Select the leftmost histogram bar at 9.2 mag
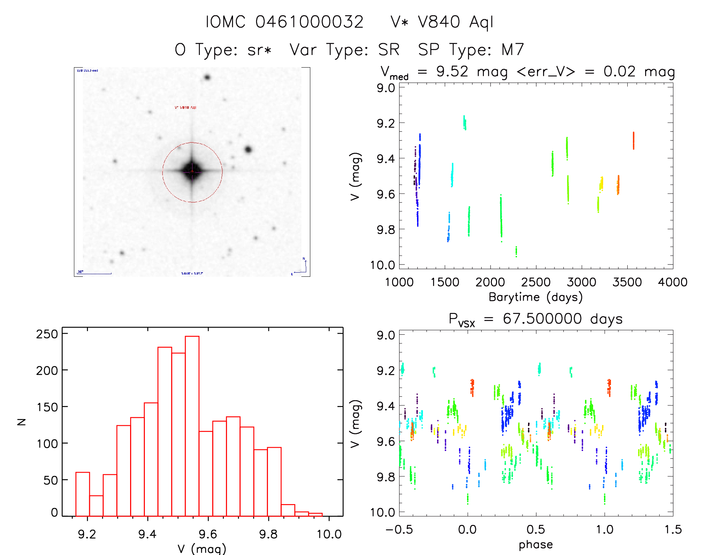point(83,494)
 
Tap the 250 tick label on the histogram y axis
point(47,334)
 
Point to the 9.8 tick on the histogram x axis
point(268,534)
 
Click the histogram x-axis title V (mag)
point(202,548)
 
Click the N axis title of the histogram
point(22,422)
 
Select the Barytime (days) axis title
point(536,297)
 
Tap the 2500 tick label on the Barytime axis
point(536,282)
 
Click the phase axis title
point(536,545)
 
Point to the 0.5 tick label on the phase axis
point(536,529)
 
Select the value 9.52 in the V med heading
point(452,71)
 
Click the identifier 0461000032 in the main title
point(309,22)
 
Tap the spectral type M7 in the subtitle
point(512,49)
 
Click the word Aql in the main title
point(481,22)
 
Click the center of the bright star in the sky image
point(192,171)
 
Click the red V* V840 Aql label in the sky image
point(185,108)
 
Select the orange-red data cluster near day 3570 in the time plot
point(633,140)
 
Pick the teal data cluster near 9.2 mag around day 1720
point(465,123)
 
